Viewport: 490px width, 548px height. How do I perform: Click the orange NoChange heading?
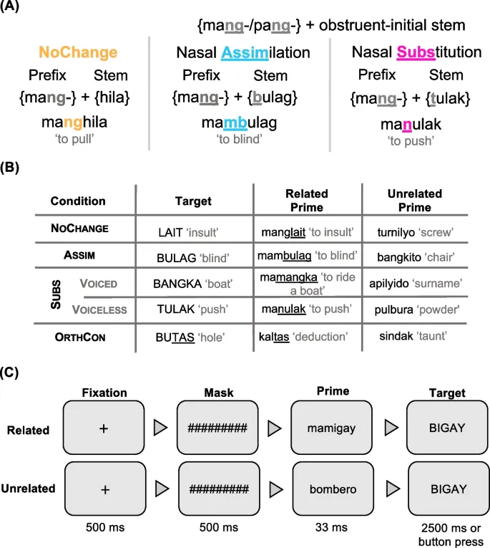click(78, 52)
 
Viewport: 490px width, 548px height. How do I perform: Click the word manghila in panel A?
click(78, 122)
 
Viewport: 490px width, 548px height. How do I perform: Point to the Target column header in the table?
click(192, 201)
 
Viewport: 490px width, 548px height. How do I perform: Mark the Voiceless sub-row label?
click(99, 309)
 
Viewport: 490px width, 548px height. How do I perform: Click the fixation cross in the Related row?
click(105, 428)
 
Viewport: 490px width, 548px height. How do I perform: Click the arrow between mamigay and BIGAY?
click(390, 428)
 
